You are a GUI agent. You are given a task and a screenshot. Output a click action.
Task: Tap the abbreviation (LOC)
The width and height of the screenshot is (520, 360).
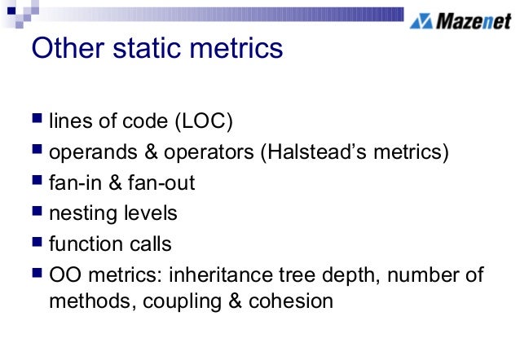tap(203, 122)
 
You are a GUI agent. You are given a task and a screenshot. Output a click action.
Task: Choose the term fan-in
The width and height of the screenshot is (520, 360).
tap(73, 183)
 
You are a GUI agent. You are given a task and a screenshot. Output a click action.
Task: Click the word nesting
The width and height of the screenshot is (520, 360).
tap(79, 213)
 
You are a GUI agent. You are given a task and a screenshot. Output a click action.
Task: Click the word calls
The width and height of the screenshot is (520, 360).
tap(152, 244)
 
